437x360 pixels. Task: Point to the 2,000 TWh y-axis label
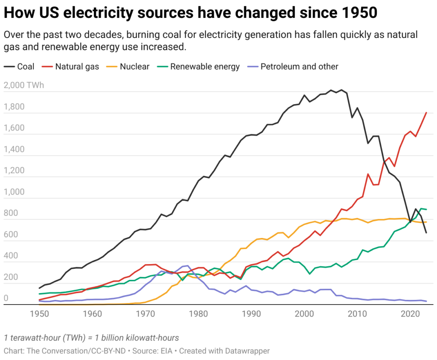pos(23,85)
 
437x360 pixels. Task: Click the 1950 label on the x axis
pos(39,314)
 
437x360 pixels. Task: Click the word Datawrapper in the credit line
pos(249,351)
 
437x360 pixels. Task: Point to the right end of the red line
pos(426,113)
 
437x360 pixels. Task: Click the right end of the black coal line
pos(426,232)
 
